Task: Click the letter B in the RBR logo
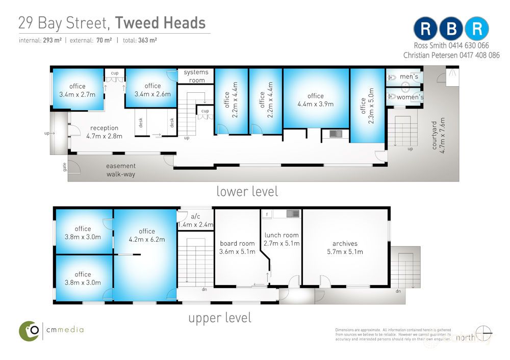451,29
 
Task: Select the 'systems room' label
196,76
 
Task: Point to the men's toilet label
409,76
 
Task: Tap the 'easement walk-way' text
120,170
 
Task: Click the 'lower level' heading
247,191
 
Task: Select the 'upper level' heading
220,318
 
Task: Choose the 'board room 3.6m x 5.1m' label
237,247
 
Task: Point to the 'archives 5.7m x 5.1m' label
345,247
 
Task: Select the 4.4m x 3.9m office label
316,100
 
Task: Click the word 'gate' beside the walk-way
65,167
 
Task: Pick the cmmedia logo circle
30,331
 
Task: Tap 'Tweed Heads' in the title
160,23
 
